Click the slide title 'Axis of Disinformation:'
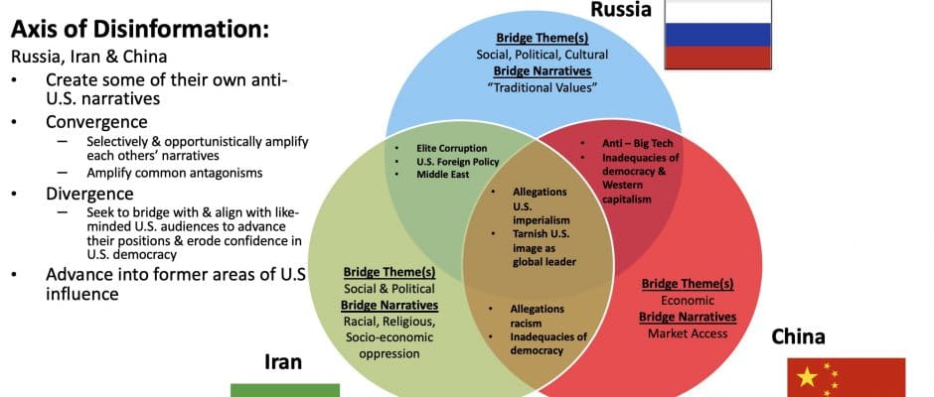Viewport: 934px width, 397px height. pos(140,29)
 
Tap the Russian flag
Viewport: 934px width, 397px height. pos(717,34)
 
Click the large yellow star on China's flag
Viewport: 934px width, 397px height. pos(807,377)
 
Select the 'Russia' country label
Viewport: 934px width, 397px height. pos(621,9)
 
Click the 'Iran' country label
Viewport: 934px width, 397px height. pos(283,362)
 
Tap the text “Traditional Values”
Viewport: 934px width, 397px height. pos(543,87)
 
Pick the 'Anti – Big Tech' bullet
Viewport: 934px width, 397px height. pos(637,144)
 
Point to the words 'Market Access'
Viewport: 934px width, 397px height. pos(688,333)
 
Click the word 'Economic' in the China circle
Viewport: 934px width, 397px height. pos(688,301)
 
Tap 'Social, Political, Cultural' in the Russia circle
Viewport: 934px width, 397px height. pos(543,55)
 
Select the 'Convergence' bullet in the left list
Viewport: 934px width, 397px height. pos(96,122)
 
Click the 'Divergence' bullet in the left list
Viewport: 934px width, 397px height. pos(89,195)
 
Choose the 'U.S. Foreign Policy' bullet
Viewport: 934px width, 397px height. pos(457,162)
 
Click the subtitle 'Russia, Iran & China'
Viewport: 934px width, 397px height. pos(88,58)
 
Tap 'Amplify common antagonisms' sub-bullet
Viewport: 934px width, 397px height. pos(175,174)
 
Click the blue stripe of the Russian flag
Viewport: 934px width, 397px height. pos(717,35)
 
